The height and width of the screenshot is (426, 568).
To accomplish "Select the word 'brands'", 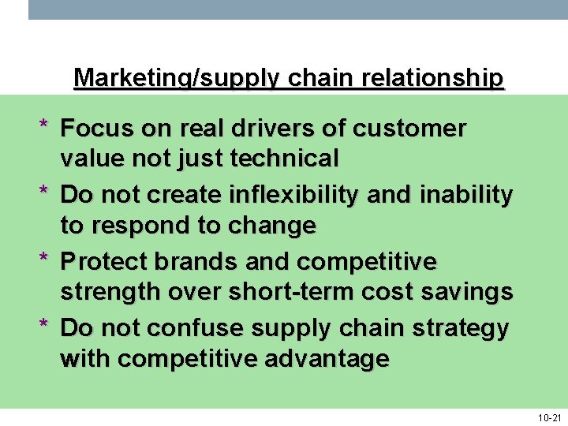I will tap(190, 260).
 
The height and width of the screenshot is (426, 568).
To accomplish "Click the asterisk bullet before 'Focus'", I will tap(45, 126).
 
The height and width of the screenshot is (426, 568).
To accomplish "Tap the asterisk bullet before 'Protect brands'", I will tap(45, 259).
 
